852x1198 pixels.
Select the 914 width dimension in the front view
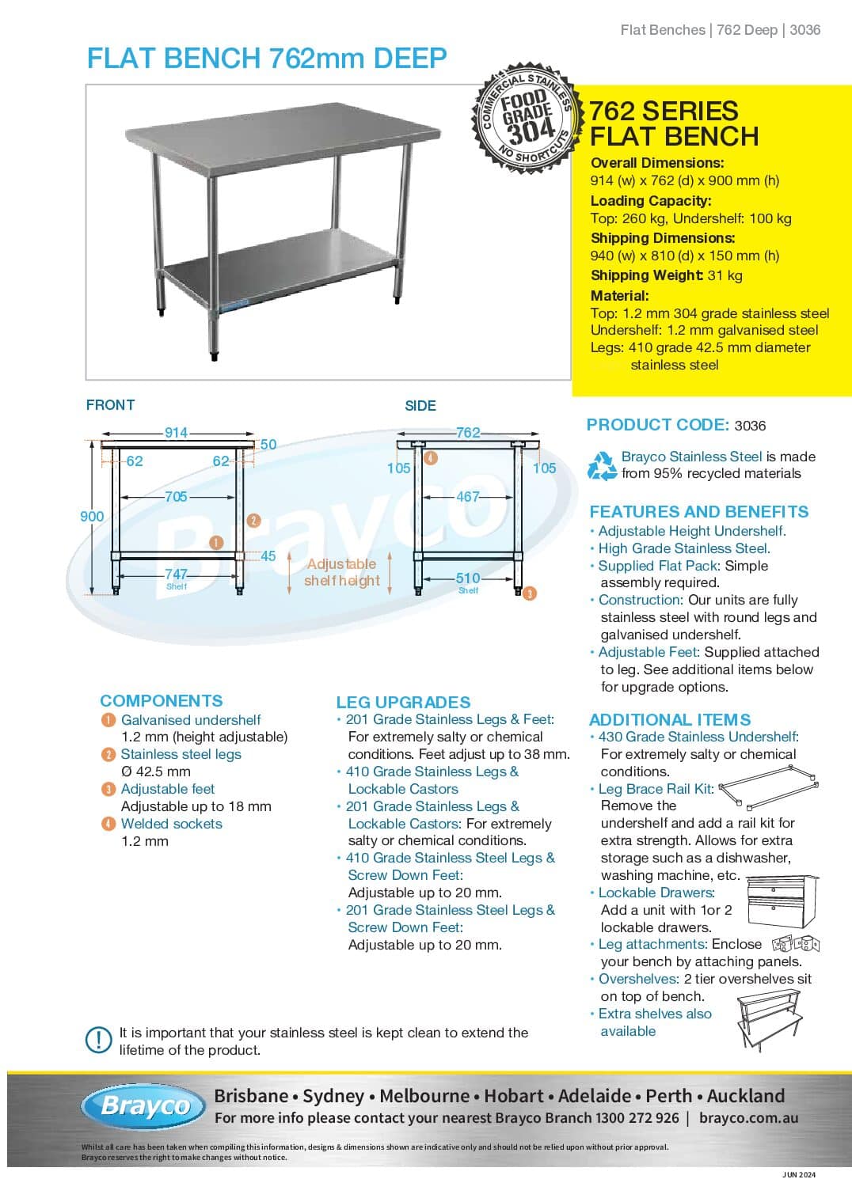coord(176,433)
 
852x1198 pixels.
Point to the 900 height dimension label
coord(92,516)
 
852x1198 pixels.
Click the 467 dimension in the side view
coord(467,497)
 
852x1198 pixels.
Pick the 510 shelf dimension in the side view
coord(467,578)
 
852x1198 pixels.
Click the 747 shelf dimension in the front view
coord(176,574)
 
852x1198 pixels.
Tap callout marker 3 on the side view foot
coord(530,593)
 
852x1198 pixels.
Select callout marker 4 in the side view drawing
coord(431,457)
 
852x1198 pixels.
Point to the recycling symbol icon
coord(602,465)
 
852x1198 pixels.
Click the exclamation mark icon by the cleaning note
coord(98,1040)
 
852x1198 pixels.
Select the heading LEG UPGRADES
coord(403,702)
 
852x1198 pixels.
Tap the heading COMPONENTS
coord(161,700)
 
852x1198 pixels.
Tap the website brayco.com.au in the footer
coord(748,1118)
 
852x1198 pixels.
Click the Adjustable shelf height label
coord(341,572)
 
